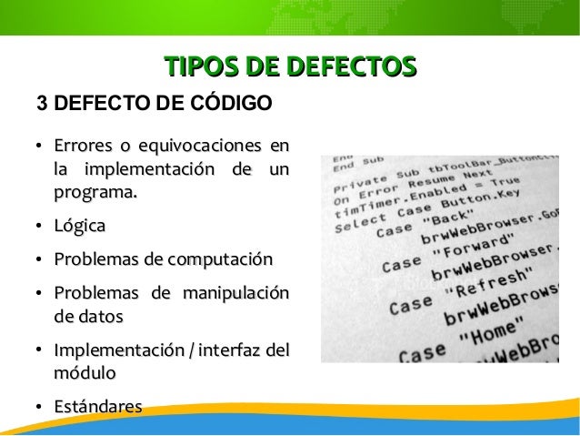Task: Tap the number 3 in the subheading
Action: pyautogui.click(x=41, y=102)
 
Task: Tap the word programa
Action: pyautogui.click(x=95, y=193)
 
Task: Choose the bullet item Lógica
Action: pyautogui.click(x=79, y=226)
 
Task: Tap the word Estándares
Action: pyautogui.click(x=97, y=406)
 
